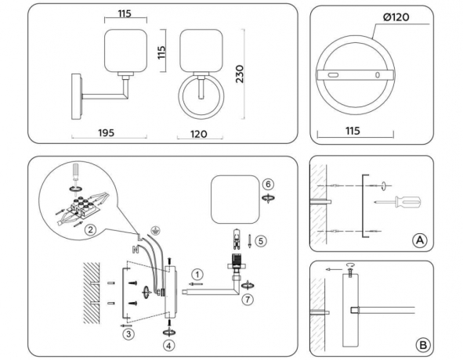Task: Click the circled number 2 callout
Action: (91, 229)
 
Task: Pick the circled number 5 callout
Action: (262, 241)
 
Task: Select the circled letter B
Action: (421, 343)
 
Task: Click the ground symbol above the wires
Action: (155, 232)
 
